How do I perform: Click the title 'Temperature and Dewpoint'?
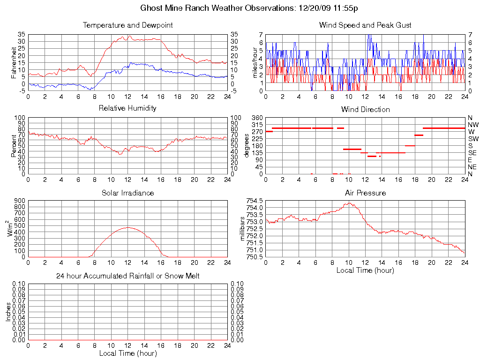(x=127, y=25)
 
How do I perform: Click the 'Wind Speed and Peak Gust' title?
(x=365, y=25)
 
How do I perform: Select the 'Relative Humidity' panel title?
(x=127, y=108)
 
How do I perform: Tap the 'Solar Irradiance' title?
(x=127, y=193)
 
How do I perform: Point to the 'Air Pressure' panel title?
(x=365, y=193)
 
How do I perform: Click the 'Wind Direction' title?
(x=365, y=109)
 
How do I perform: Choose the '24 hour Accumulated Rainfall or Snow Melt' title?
(x=127, y=276)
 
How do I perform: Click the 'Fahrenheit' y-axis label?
(x=14, y=62)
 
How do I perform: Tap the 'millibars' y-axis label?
(x=243, y=229)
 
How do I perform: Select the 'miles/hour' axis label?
(x=256, y=62)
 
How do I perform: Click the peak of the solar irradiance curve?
(x=127, y=227)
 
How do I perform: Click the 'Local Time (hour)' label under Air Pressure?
(x=365, y=270)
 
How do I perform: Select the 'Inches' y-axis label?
(x=8, y=312)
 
